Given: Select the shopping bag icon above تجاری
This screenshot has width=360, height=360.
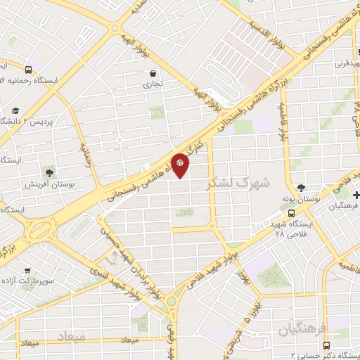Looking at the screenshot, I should pyautogui.click(x=153, y=73).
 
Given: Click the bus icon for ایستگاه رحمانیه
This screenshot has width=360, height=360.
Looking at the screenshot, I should pyautogui.click(x=27, y=70).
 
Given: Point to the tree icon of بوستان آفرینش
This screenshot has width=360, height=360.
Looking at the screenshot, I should pyautogui.click(x=49, y=172).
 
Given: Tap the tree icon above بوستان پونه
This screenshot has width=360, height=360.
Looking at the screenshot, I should pyautogui.click(x=302, y=187).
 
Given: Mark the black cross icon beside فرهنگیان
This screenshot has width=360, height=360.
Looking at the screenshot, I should pyautogui.click(x=356, y=195).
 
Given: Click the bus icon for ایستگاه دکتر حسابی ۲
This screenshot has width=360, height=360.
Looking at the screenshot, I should pyautogui.click(x=326, y=345).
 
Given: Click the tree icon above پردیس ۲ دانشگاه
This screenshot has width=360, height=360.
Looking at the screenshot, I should pyautogui.click(x=16, y=110).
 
